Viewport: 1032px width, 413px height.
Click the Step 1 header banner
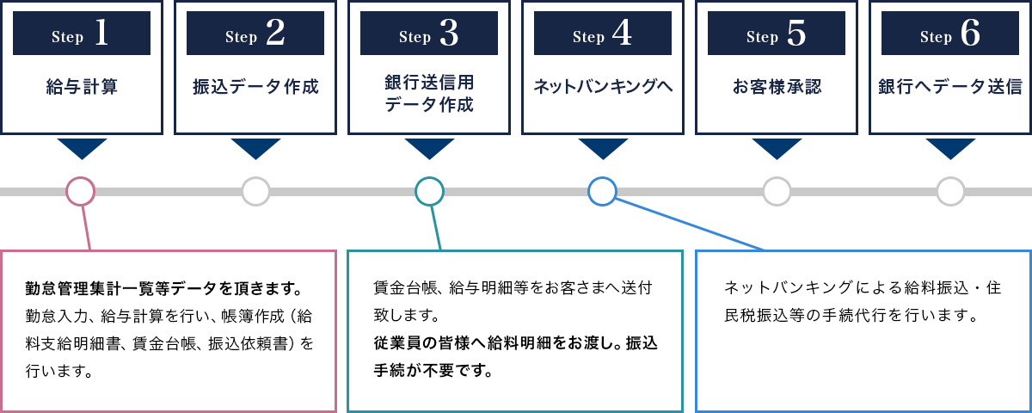82,34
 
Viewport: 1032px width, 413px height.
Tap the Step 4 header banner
603,34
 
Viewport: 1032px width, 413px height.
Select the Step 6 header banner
950,34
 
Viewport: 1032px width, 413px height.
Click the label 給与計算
82,87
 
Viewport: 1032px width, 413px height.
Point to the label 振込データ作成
255,87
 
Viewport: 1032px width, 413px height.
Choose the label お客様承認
777,87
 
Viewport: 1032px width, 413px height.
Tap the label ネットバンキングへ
603,87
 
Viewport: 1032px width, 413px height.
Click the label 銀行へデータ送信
950,87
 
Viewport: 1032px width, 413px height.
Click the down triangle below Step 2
255,147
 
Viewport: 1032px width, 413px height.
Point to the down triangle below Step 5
777,147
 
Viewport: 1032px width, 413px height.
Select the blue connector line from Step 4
689,224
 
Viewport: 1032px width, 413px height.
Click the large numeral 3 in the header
449,34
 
